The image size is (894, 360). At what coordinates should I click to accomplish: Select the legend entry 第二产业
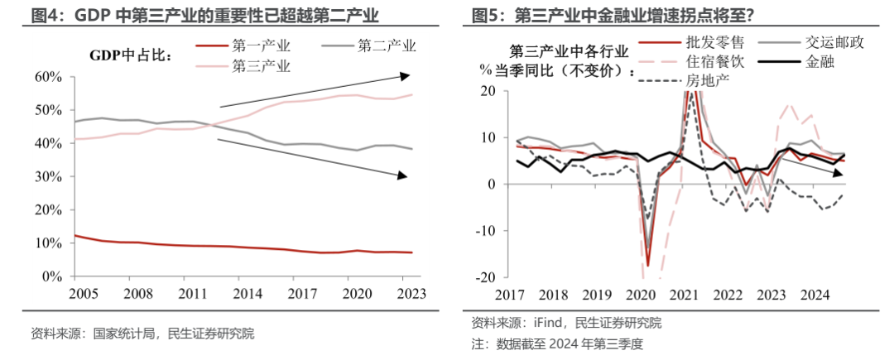click(387, 47)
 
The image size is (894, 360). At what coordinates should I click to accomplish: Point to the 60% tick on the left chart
click(48, 77)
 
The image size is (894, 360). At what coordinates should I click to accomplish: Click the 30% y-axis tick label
click(48, 177)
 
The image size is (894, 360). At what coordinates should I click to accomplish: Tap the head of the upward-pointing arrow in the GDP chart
click(404, 76)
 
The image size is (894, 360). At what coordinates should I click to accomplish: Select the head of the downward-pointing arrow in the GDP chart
click(403, 175)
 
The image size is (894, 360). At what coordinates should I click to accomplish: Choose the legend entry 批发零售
click(709, 43)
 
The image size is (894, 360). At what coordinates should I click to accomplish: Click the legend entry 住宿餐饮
click(709, 62)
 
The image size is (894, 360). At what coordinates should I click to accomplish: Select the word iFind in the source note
click(552, 323)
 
